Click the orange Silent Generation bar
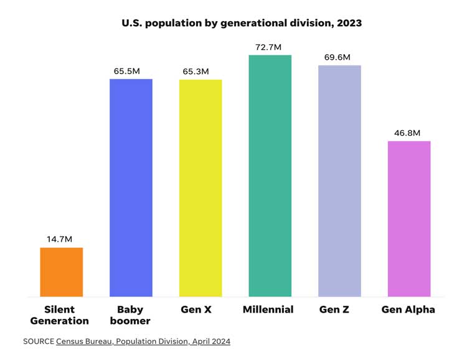[62, 272]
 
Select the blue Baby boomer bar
[131, 187]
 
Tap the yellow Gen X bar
[200, 187]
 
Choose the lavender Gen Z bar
[339, 181]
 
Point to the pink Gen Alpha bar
[409, 219]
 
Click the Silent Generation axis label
[60, 315]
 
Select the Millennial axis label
[268, 310]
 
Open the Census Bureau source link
[143, 341]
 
